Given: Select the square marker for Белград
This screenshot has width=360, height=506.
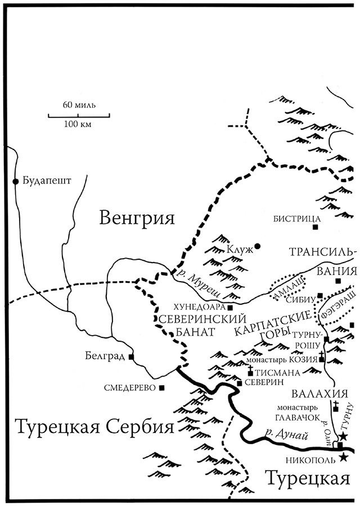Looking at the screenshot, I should (131, 356).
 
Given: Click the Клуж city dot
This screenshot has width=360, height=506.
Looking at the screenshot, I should (258, 246).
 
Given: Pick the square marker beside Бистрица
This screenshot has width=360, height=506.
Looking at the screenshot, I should (316, 227).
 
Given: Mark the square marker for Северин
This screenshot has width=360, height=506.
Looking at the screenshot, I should (240, 383).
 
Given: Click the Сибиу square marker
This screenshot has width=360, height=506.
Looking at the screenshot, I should (319, 296).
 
